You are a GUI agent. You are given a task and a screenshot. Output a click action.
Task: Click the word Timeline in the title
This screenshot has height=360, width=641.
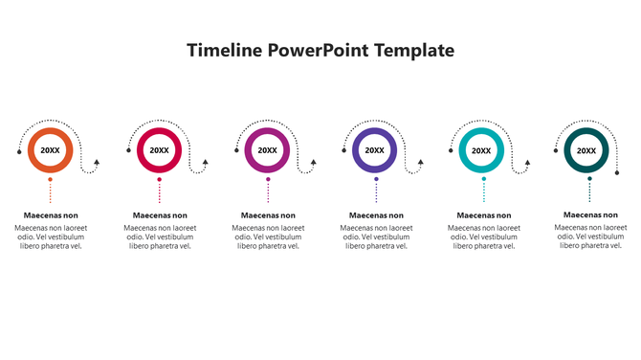coord(223,50)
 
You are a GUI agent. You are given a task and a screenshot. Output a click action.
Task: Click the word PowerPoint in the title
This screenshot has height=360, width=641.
coord(315,50)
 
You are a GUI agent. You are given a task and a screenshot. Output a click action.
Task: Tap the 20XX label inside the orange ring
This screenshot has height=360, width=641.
coord(51,150)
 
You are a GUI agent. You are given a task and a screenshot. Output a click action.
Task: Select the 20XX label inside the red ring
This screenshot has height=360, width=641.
coord(159,150)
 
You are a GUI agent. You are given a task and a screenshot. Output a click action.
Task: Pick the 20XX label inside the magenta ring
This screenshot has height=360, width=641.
coord(267,150)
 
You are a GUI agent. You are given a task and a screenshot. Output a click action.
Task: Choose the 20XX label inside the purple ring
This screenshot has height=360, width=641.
coord(375,150)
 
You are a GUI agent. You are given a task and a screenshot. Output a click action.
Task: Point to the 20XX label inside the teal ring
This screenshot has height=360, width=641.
coord(482,150)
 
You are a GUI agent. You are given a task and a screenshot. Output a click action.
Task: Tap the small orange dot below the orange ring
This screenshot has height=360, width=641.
coord(51,179)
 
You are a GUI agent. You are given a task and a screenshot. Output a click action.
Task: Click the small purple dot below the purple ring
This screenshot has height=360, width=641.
coord(376,179)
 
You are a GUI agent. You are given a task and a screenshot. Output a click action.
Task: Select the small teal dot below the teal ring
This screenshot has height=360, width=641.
coord(483,179)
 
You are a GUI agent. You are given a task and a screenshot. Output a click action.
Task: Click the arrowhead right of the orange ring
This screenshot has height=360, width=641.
coord(97,164)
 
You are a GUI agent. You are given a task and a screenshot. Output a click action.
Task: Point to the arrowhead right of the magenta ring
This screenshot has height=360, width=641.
coord(314,164)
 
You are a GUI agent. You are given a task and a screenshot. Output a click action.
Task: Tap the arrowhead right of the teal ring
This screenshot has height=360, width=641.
coord(528,164)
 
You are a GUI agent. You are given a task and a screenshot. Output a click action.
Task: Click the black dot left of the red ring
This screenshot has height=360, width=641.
coord(127,151)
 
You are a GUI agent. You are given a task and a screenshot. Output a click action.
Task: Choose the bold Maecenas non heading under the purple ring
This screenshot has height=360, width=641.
coord(376,216)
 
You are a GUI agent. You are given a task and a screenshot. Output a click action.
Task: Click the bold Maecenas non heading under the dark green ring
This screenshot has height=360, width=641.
coord(591,215)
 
